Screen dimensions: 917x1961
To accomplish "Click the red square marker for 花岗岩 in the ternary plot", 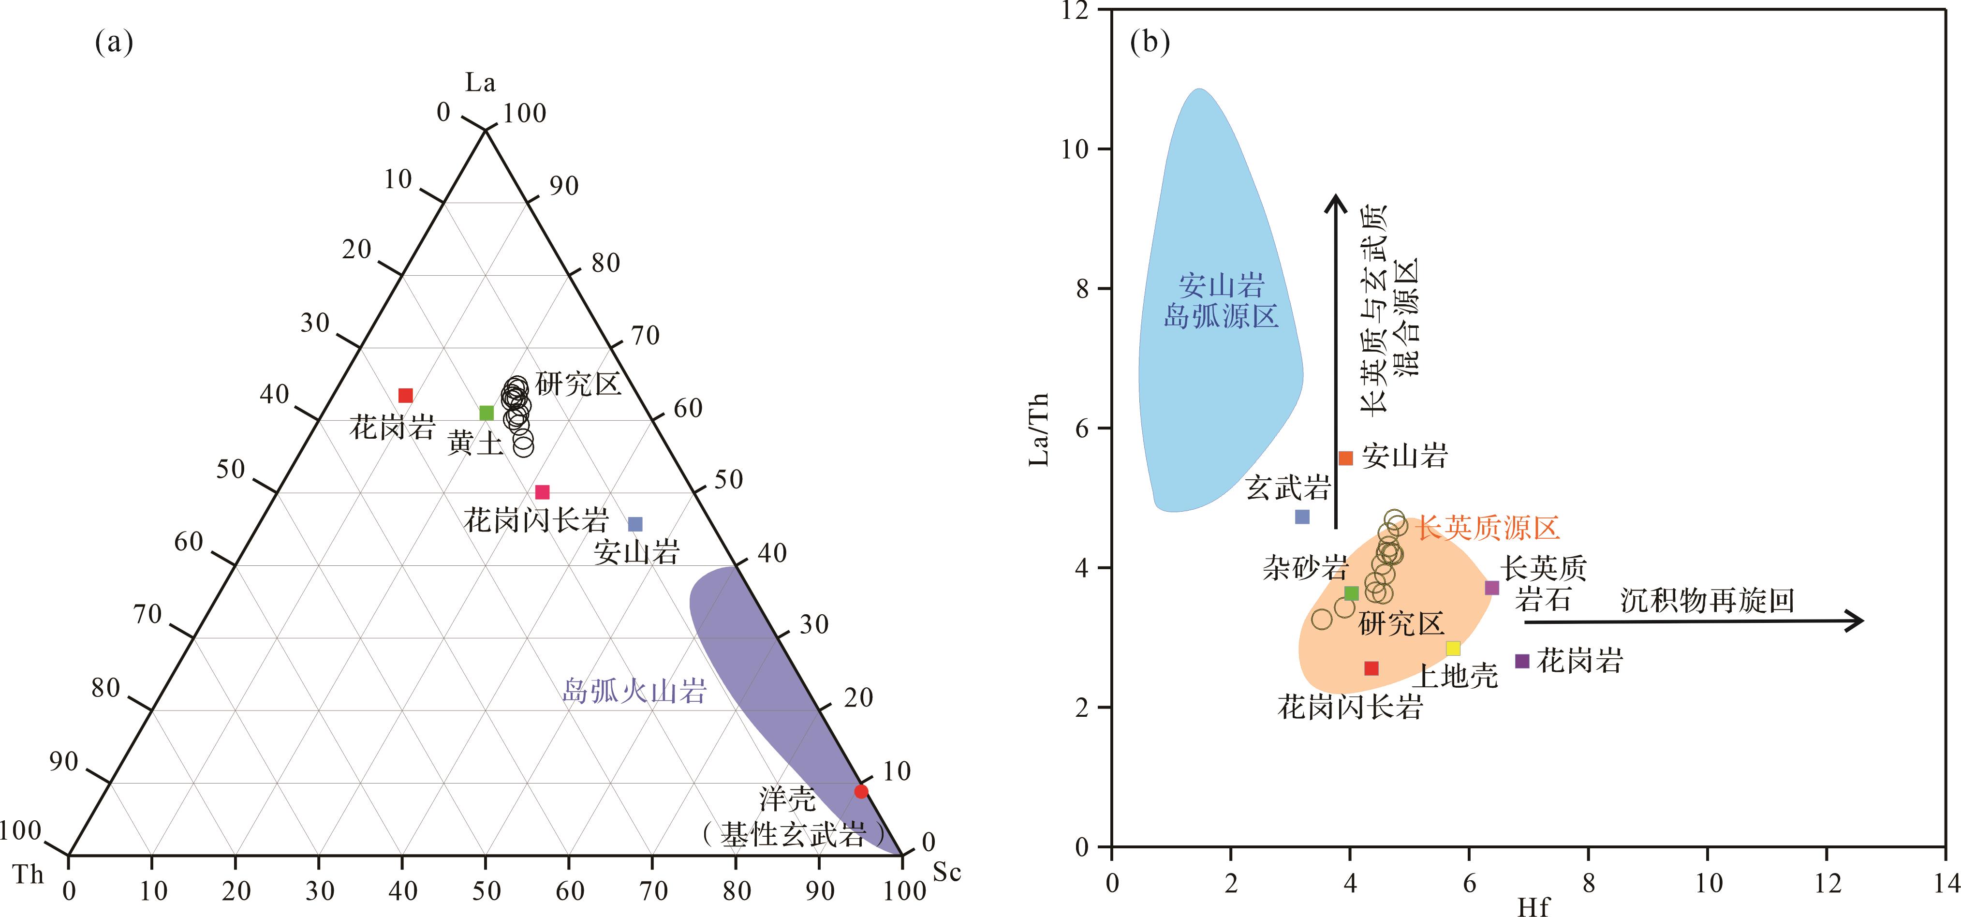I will click(406, 395).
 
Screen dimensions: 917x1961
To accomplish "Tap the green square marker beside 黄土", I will click(487, 413).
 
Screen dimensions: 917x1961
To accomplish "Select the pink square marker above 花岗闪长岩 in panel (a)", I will click(542, 492).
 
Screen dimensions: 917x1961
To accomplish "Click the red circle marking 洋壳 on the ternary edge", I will click(861, 791).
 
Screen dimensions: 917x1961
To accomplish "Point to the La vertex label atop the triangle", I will click(480, 82).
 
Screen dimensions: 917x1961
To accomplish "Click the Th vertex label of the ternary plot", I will click(29, 874).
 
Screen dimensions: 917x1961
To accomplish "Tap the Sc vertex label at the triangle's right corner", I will click(946, 872).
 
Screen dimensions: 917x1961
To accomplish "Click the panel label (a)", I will click(114, 42).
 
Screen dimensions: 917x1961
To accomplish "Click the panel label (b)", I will click(1150, 42).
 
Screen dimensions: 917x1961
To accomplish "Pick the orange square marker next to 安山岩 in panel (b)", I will click(1346, 458).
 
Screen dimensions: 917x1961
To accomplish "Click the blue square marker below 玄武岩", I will click(1302, 517).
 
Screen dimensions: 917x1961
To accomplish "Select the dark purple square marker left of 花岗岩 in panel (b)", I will click(1522, 661).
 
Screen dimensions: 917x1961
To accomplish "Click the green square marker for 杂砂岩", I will click(1351, 593).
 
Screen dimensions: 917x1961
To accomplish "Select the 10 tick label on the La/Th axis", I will click(1075, 149).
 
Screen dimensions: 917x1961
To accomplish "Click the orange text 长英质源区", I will click(1488, 527).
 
